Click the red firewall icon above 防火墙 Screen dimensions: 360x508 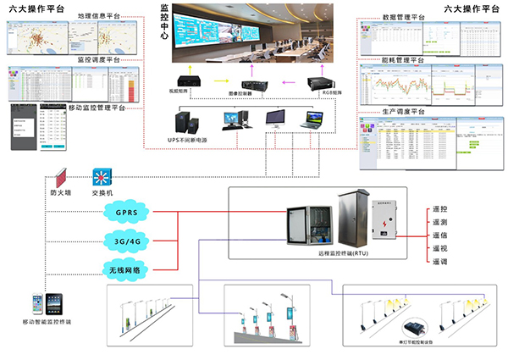[x=61, y=179]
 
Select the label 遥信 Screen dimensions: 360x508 [x=440, y=235]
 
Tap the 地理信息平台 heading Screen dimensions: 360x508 [x=98, y=16]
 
